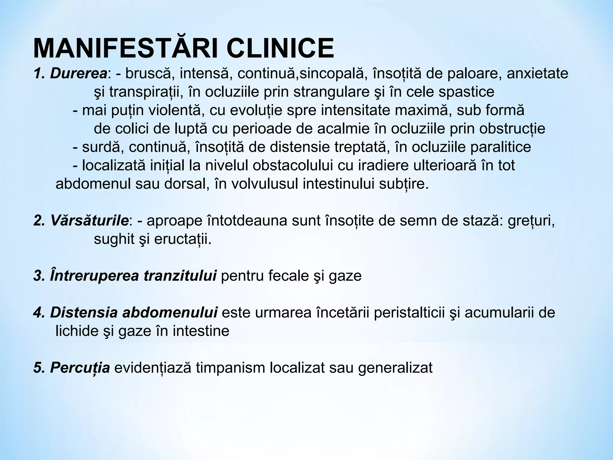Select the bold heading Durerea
point(79,73)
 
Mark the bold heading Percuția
point(80,368)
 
